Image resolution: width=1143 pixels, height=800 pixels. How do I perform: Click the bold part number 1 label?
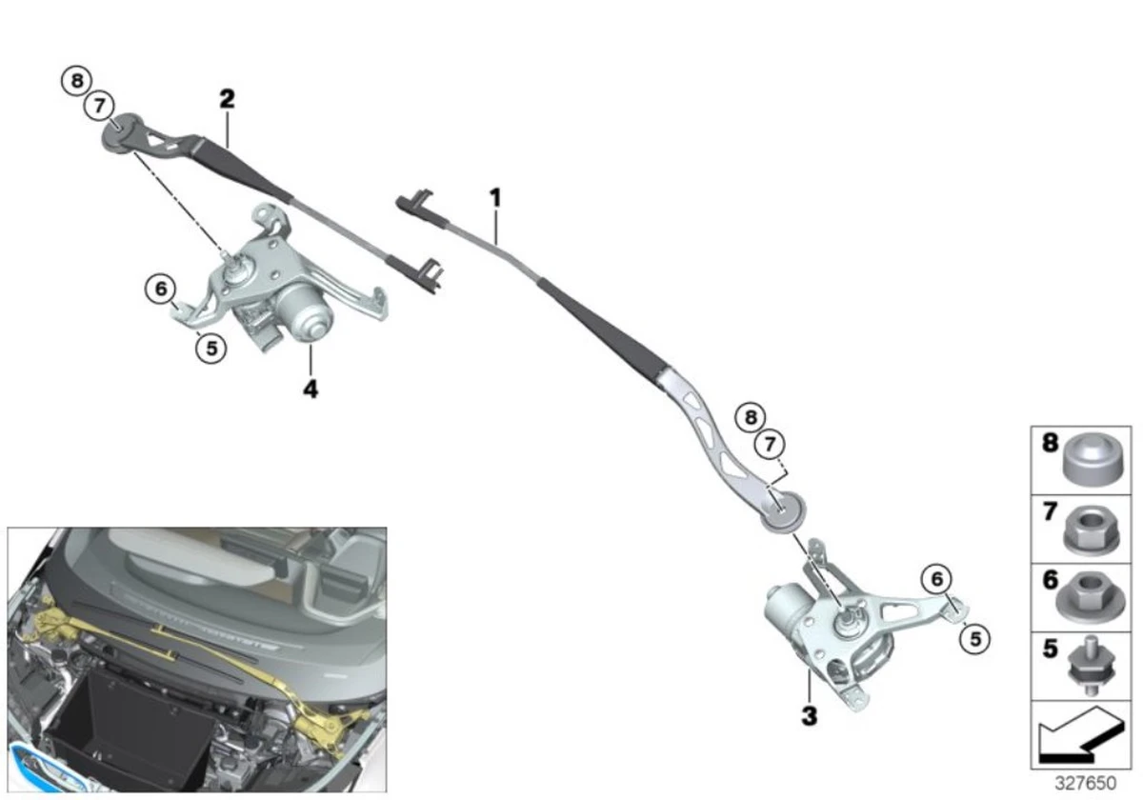[495, 198]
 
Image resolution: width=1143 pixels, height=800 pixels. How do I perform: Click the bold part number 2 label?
[227, 98]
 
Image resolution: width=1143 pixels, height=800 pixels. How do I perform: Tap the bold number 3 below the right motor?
[810, 716]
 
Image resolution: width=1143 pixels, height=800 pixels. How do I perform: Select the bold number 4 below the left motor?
[311, 390]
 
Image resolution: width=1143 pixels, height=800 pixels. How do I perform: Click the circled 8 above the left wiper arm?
[77, 81]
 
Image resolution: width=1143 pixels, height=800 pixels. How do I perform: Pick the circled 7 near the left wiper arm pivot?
[99, 106]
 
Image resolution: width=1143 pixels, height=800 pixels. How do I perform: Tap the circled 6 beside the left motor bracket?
[161, 289]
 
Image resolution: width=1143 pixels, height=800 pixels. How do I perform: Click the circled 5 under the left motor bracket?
[211, 349]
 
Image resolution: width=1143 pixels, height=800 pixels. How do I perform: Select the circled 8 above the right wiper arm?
[751, 417]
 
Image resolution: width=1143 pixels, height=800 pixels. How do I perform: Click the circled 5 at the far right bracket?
[975, 639]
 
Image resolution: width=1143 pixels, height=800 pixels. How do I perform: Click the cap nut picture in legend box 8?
[1093, 459]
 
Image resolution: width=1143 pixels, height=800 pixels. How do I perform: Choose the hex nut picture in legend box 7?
[1092, 530]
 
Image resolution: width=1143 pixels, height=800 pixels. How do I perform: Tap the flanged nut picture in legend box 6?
[1090, 598]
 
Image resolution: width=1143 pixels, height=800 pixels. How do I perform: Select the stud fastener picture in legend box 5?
[1091, 665]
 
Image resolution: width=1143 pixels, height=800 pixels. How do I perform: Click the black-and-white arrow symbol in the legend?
[1081, 735]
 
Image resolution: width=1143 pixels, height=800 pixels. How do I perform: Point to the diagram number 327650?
[1085, 783]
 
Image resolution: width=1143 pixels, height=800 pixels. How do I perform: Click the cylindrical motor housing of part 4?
[305, 311]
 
